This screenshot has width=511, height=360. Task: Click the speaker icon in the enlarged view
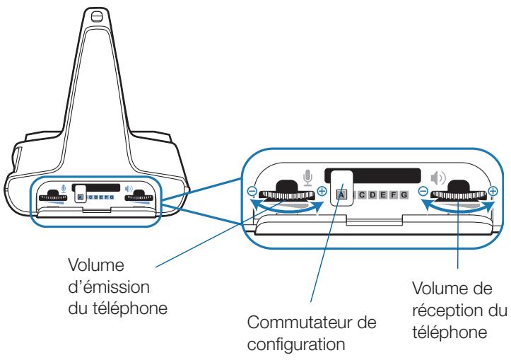coord(440,177)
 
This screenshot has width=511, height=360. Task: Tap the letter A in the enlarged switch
coord(341,194)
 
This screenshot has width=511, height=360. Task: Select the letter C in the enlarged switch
coord(361,194)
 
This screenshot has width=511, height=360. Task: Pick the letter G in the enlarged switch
coord(404,194)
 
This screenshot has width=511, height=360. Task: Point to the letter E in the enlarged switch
coord(382,194)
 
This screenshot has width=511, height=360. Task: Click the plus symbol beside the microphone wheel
coord(322,192)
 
